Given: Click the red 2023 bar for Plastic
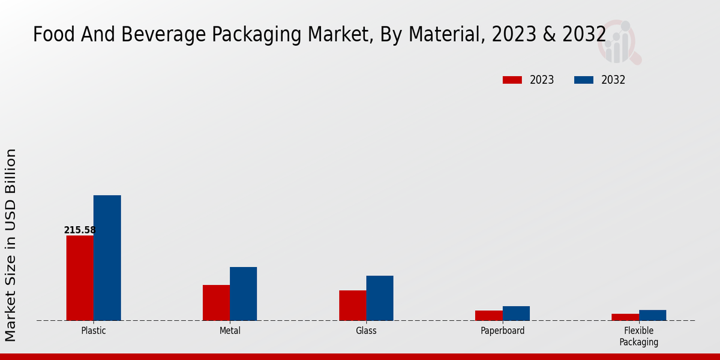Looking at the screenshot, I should (80, 278).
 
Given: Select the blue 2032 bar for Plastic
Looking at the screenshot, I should (107, 258).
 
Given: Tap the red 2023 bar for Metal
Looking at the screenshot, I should (216, 302).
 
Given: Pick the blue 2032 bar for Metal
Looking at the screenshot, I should (243, 293).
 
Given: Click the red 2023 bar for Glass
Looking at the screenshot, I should (352, 305).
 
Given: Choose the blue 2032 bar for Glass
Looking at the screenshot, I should (380, 298).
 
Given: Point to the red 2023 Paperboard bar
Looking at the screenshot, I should (488, 315).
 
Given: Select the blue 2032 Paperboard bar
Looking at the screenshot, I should (516, 313).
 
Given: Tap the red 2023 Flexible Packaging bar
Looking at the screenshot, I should (625, 317).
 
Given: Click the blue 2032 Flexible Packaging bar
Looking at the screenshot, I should (652, 315).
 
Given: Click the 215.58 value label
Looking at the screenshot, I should (80, 230).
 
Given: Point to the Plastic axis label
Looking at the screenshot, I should (94, 331).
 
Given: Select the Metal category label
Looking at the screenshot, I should (230, 331).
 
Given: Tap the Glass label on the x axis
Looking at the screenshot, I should (366, 331).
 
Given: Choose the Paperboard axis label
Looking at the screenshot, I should (502, 331).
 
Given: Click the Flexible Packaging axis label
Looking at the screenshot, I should (638, 336).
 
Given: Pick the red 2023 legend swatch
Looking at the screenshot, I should (512, 80).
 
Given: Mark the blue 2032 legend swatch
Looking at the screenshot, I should (583, 80).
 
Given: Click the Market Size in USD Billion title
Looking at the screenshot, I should (11, 245).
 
